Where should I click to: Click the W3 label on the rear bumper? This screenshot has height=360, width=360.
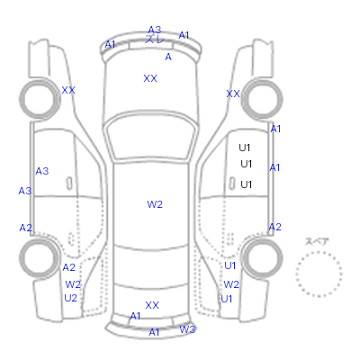[x=187, y=329]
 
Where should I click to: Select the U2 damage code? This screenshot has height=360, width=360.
[x=70, y=298]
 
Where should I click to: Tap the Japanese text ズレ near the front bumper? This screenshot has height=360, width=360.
[x=155, y=40]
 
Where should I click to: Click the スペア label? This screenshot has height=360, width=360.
[x=317, y=241]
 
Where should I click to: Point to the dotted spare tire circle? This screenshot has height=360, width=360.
[x=319, y=251]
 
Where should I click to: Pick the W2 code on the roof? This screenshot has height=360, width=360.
[x=155, y=204]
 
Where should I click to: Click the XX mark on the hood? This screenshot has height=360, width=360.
[x=150, y=78]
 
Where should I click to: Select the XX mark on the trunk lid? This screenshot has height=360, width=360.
[x=152, y=305]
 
